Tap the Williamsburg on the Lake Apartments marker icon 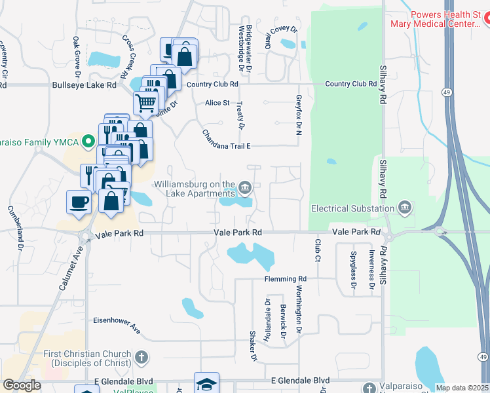(245, 189)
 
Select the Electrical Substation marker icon (405, 209)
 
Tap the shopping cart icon (145, 102)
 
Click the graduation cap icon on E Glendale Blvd (206, 384)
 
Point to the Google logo (22, 386)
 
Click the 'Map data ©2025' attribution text (462, 388)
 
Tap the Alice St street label (217, 103)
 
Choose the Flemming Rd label (286, 278)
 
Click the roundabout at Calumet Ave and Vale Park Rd (84, 235)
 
